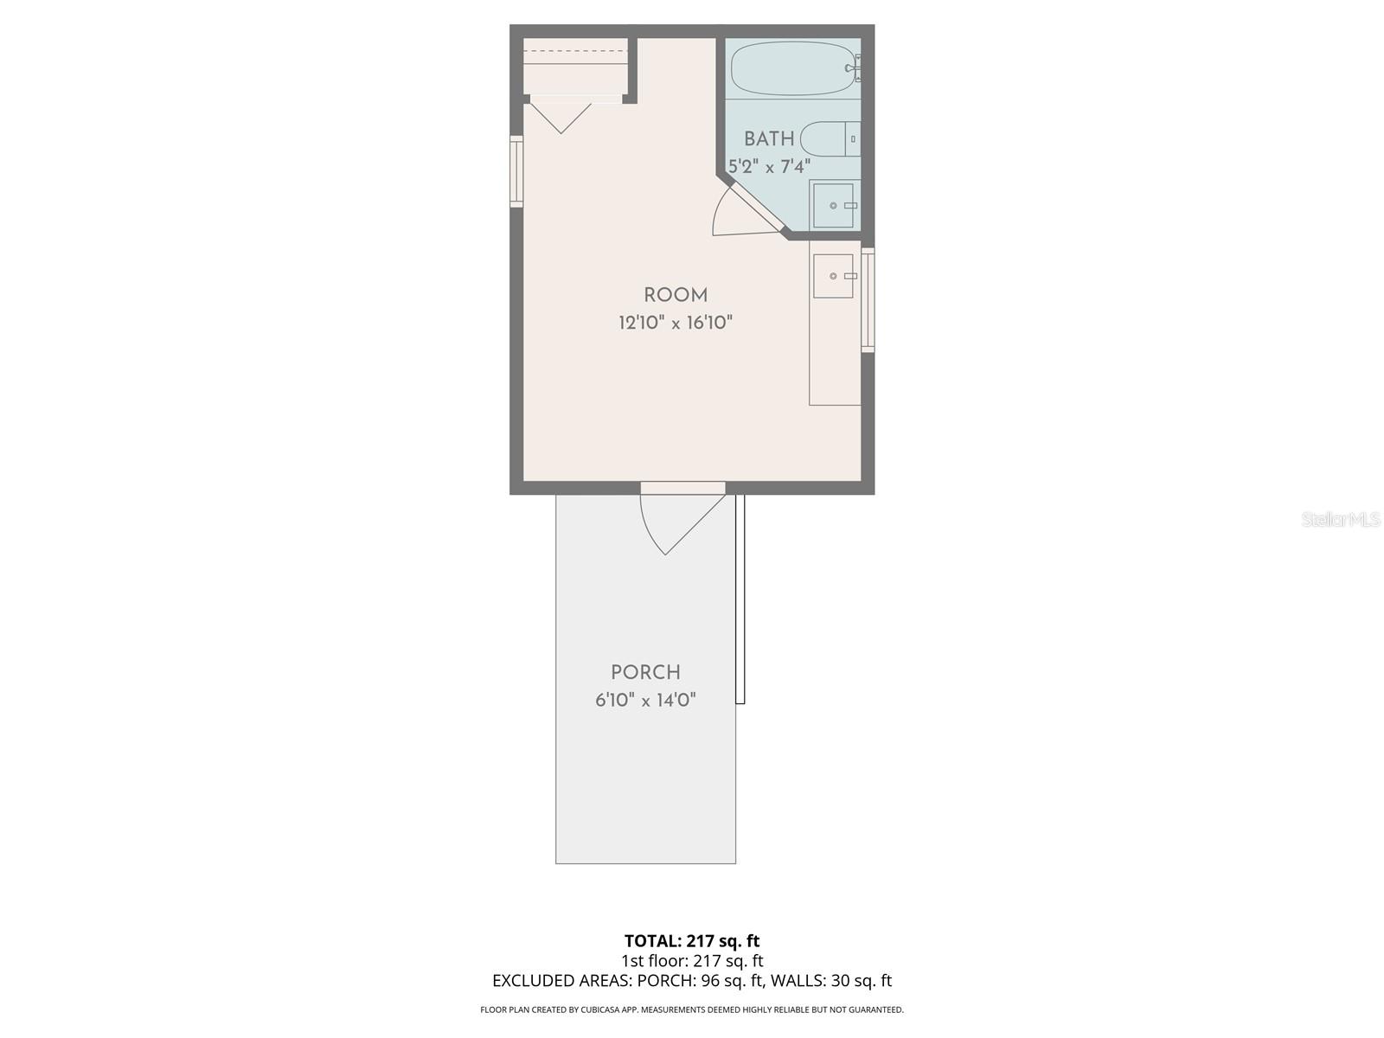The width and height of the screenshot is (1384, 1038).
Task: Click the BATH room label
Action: tap(769, 138)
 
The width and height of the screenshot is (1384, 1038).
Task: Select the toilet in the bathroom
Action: tap(830, 138)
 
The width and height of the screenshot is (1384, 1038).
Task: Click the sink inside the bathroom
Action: tap(833, 206)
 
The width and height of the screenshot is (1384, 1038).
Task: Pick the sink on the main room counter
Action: tap(833, 276)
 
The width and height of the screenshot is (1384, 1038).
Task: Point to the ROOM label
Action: tap(676, 295)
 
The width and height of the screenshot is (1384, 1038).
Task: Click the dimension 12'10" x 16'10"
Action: tap(676, 324)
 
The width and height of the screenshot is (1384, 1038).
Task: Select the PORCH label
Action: tap(645, 672)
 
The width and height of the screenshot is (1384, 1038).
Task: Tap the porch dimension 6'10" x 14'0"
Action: tap(645, 700)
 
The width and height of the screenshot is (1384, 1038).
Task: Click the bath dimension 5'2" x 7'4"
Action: tap(769, 166)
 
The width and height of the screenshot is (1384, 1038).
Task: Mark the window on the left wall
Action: tap(516, 171)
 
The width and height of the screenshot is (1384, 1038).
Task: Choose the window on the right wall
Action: tap(868, 300)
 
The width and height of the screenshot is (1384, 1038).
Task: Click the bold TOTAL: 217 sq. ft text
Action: tap(692, 941)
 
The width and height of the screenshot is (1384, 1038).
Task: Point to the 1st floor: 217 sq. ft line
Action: tap(692, 960)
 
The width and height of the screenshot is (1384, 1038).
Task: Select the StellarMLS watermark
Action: tap(1341, 520)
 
